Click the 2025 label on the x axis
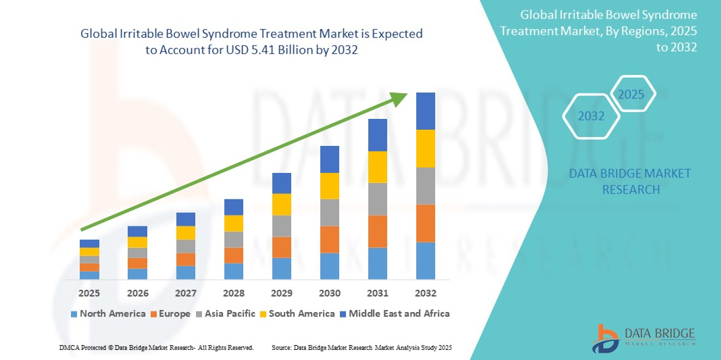[89, 293]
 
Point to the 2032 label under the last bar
[425, 293]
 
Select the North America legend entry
[107, 313]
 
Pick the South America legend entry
[297, 313]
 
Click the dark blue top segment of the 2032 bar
[425, 111]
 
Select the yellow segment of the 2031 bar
[377, 167]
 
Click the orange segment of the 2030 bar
[329, 239]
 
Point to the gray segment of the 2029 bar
[281, 226]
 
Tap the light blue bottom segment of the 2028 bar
[233, 271]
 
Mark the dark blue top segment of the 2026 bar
[137, 231]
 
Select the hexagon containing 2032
[591, 116]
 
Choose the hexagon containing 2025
[632, 94]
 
